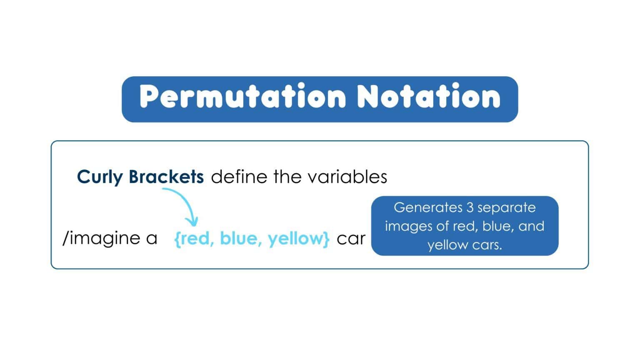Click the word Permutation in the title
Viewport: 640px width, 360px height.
[242, 97]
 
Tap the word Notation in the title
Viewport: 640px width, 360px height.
[428, 97]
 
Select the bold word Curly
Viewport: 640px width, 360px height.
[100, 177]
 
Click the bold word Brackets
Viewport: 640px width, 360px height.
[166, 177]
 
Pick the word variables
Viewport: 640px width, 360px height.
[347, 177]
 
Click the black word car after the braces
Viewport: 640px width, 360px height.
[351, 239]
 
